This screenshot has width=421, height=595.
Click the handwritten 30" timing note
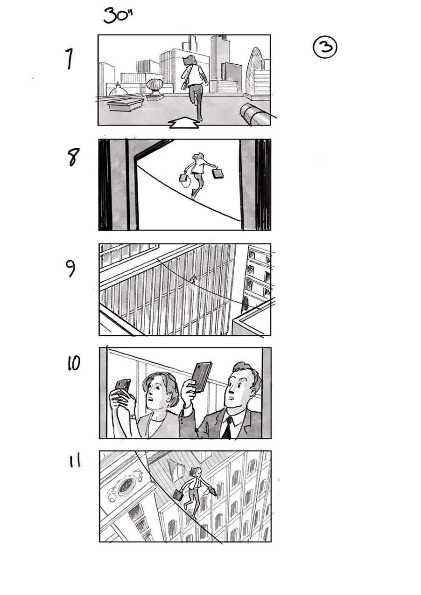(118, 16)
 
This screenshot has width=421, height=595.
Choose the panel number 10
(73, 363)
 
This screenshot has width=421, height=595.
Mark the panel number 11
(75, 461)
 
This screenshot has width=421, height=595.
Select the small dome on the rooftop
(118, 90)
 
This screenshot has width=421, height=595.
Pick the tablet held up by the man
(202, 376)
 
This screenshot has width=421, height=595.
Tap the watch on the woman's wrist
(133, 417)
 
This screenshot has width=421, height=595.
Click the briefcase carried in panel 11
(178, 495)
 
